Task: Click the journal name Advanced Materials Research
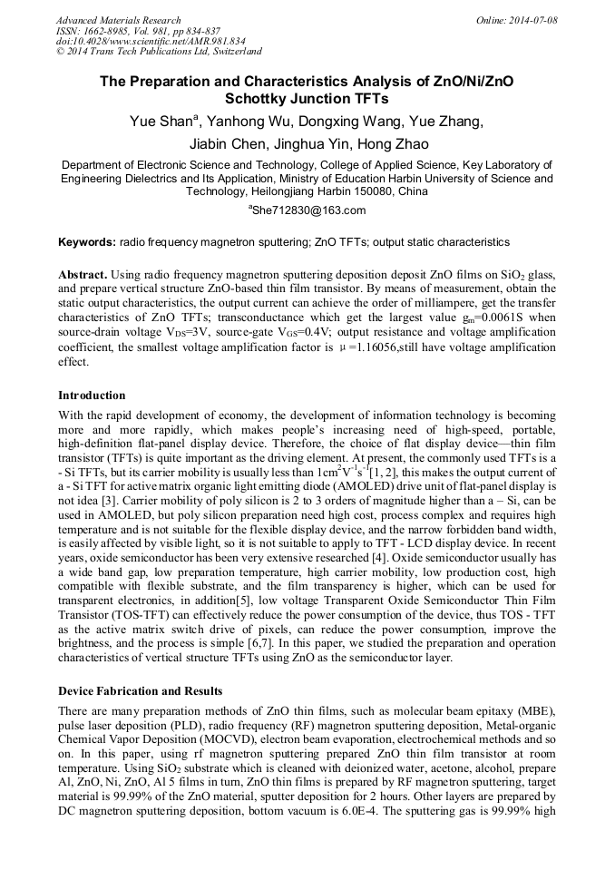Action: pyautogui.click(x=118, y=20)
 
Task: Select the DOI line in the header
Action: pyautogui.click(x=150, y=41)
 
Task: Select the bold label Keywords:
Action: pyautogui.click(x=87, y=242)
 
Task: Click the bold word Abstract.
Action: pyautogui.click(x=83, y=274)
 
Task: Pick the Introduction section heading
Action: pyautogui.click(x=92, y=396)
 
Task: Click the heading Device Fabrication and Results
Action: pyautogui.click(x=140, y=691)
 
